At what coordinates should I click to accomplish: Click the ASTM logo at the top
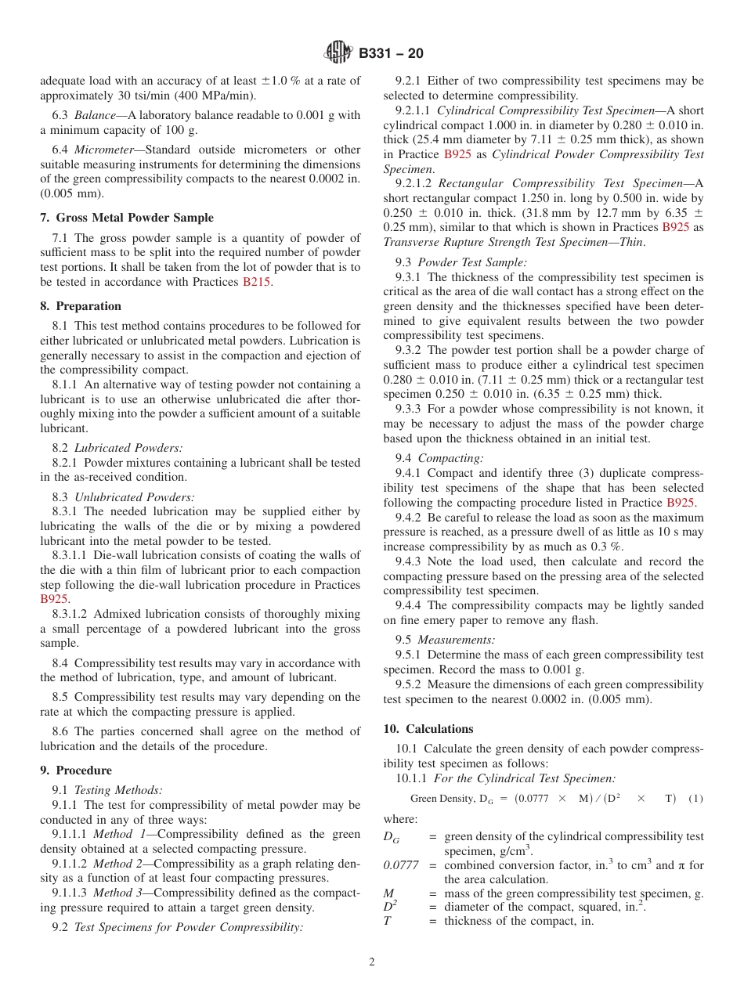pyautogui.click(x=338, y=52)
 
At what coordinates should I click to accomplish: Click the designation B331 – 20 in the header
pyautogui.click(x=391, y=53)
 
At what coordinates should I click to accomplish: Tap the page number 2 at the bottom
pyautogui.click(x=372, y=962)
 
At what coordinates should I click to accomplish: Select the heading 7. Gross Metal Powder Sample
pyautogui.click(x=127, y=218)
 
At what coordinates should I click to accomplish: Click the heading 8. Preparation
pyautogui.click(x=81, y=306)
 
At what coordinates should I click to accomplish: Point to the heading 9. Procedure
pyautogui.click(x=76, y=770)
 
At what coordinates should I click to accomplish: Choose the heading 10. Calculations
pyautogui.click(x=428, y=729)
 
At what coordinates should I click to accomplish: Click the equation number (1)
pyautogui.click(x=695, y=799)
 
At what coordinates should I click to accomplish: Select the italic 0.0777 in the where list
pyautogui.click(x=401, y=865)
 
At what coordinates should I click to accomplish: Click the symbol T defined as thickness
pyautogui.click(x=387, y=921)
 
